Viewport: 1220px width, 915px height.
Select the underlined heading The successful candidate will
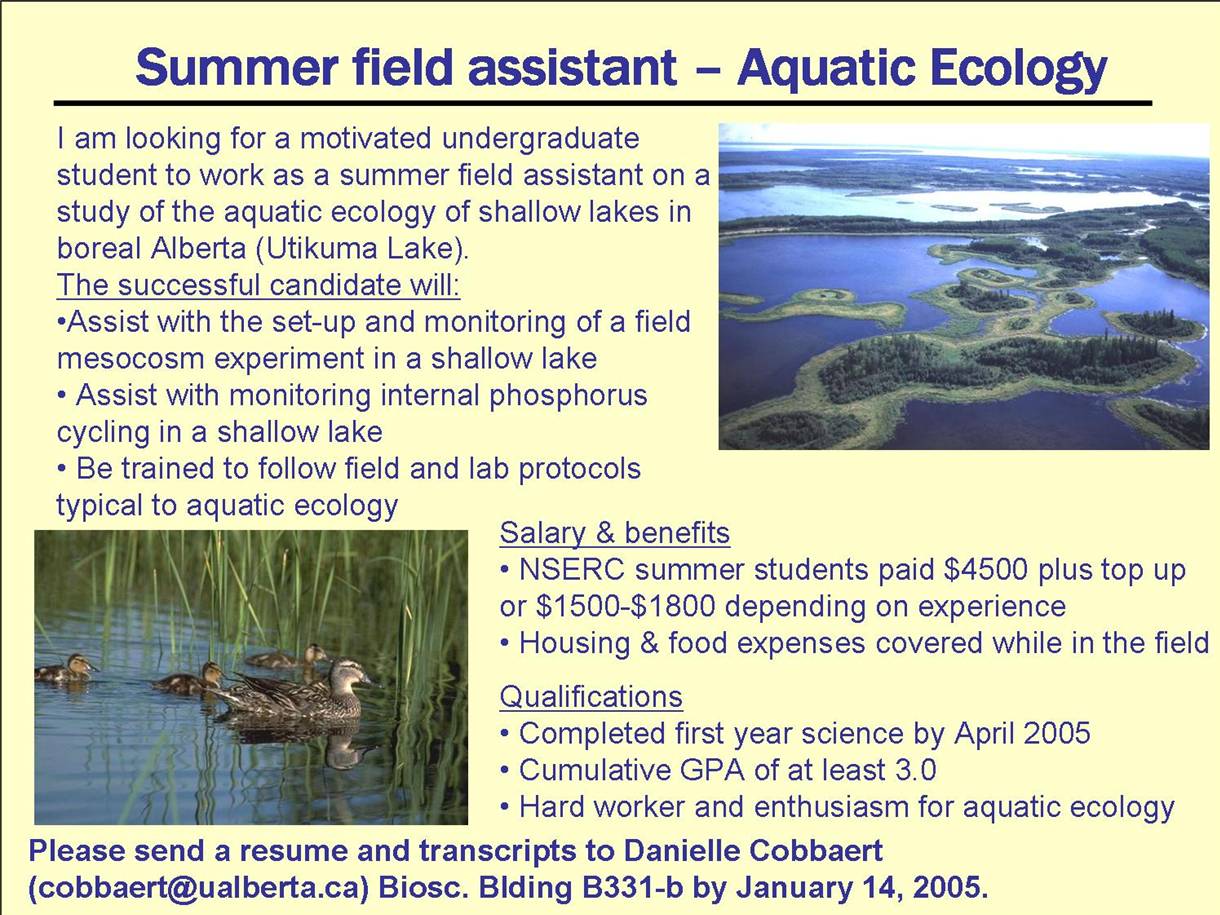(258, 285)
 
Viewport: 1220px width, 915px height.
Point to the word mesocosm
(131, 358)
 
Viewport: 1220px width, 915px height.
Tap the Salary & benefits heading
(615, 533)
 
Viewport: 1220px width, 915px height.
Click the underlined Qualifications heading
(591, 696)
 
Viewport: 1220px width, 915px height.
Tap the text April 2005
(1022, 734)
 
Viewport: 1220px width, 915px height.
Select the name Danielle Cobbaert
(753, 851)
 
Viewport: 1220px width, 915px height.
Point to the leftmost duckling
(66, 668)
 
